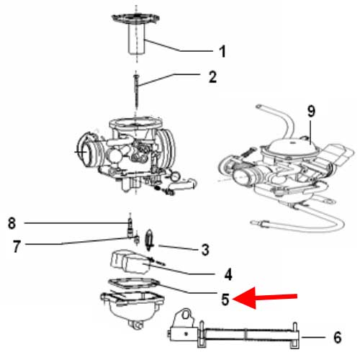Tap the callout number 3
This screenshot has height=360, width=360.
click(205, 251)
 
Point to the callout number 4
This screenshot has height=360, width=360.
click(228, 274)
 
